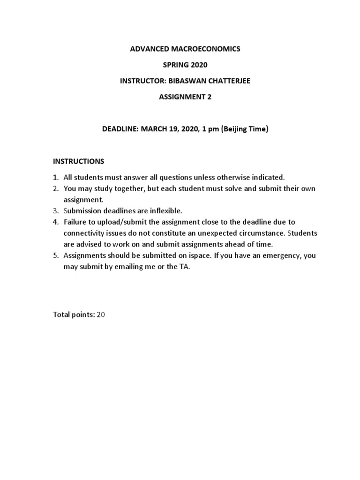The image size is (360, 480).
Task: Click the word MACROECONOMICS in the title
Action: point(208,49)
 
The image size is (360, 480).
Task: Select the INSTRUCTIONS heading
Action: point(78,161)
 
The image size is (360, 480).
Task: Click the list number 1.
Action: point(55,177)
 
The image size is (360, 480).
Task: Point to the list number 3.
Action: point(55,210)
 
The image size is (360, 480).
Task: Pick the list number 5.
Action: point(55,255)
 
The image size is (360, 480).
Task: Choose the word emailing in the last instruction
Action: point(121,267)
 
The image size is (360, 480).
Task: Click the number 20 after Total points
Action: point(101,315)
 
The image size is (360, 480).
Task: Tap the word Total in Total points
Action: point(61,315)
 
